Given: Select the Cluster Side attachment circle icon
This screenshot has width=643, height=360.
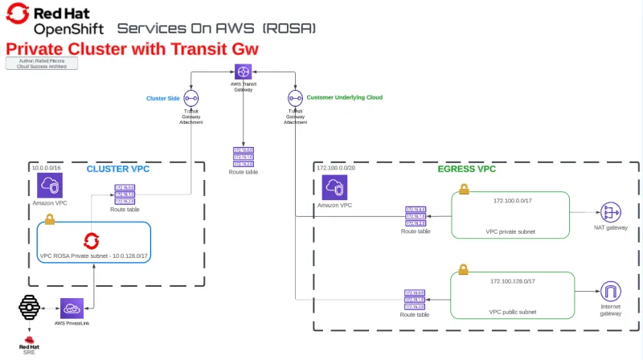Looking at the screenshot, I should pos(191,98).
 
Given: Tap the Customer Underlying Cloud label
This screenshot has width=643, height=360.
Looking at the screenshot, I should pos(344,97).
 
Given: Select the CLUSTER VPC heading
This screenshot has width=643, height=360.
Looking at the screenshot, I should pos(118,169).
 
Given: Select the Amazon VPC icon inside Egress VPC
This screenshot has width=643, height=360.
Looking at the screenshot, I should pos(335,188).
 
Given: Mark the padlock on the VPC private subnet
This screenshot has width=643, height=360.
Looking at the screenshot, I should pos(464,190).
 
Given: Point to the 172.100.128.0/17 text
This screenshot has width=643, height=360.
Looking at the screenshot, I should pos(512,281).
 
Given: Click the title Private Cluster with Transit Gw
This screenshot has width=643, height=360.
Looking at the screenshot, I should pos(132,49).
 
